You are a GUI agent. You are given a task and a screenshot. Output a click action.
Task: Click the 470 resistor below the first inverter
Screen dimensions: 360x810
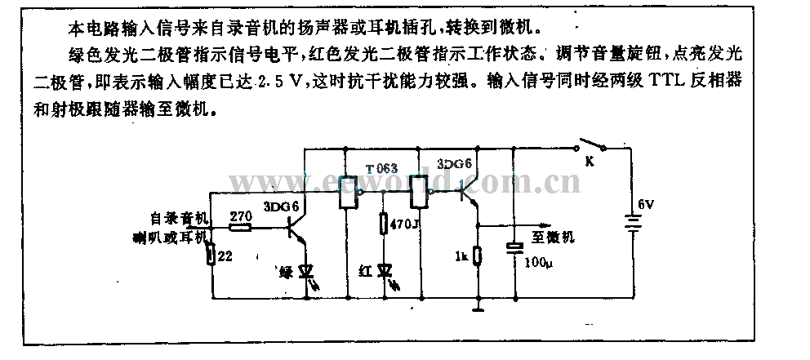point(384,223)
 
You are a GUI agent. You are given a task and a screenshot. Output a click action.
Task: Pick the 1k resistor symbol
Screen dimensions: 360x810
point(478,258)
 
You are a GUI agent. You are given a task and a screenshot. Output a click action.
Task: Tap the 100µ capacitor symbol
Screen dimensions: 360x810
point(515,248)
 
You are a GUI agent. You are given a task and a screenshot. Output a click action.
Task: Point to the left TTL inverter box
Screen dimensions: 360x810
point(349,193)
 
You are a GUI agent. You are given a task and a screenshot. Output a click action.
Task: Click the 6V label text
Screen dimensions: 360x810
point(646,204)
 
